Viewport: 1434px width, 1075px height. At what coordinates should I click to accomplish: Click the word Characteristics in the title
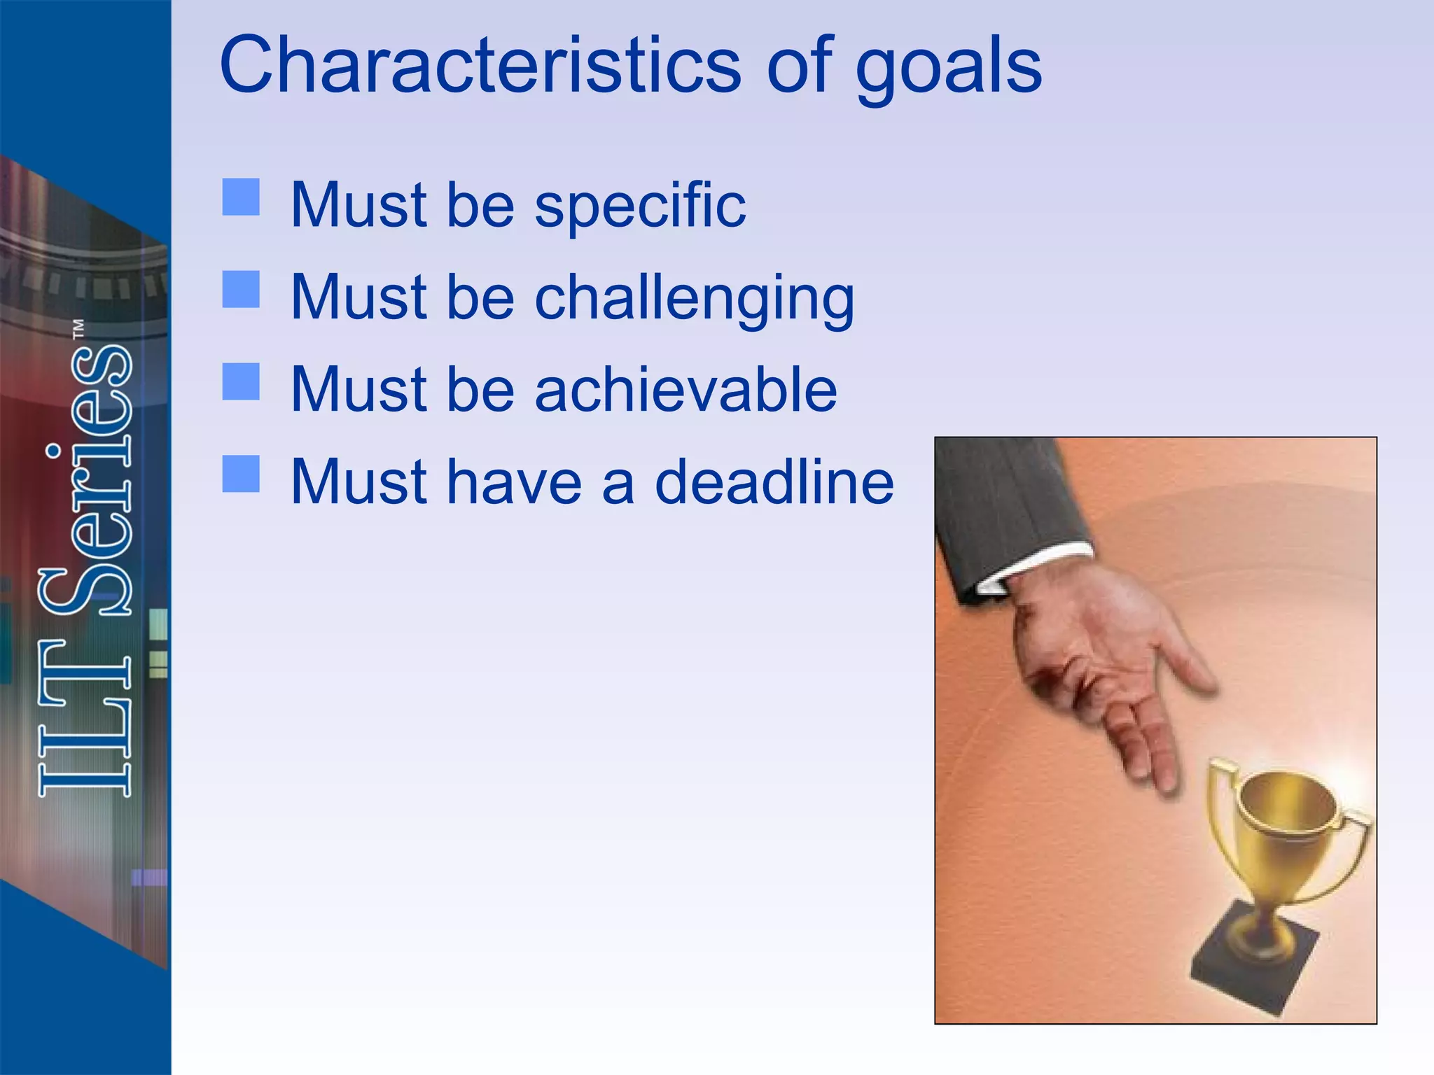point(480,65)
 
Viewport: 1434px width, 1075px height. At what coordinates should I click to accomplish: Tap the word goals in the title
point(948,69)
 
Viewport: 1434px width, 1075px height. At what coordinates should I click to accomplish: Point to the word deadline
point(774,482)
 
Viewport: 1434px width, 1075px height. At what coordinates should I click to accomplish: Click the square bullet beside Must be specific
point(241,197)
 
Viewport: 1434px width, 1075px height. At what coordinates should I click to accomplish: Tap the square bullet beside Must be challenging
point(241,289)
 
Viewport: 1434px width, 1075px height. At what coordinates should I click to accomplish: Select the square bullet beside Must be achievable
point(241,381)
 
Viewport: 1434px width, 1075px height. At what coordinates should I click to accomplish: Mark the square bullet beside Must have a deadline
point(241,474)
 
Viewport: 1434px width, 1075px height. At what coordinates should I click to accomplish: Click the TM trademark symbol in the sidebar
point(78,330)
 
